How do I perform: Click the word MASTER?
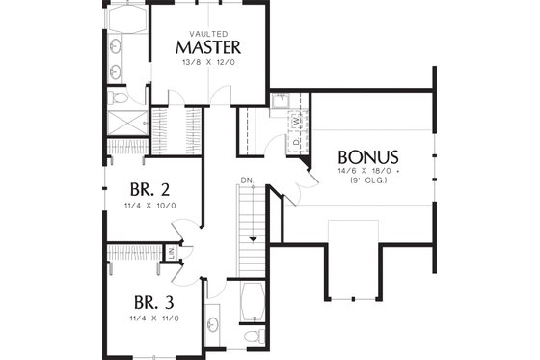(207, 47)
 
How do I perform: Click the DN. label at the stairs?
(247, 179)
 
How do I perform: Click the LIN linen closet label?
(171, 253)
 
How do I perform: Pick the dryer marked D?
(296, 141)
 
